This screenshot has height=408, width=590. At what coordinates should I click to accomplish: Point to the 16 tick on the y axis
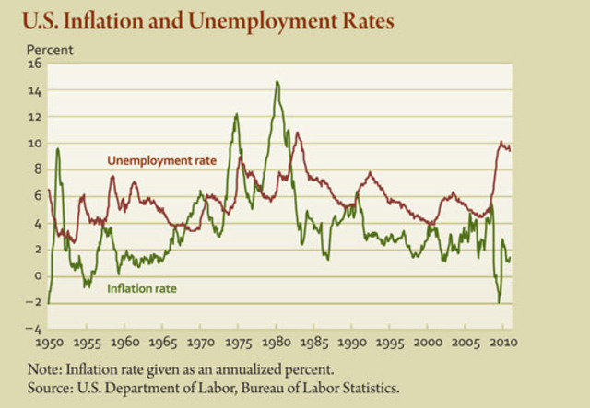coord(36,64)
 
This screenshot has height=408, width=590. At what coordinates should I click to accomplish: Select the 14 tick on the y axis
coord(36,90)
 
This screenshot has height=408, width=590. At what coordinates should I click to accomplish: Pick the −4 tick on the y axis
coord(35,329)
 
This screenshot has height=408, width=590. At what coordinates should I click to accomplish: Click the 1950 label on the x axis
coord(48,344)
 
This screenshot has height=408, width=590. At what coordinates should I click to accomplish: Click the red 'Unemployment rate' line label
coord(161,160)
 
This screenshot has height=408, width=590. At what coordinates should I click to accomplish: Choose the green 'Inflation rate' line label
coord(142,288)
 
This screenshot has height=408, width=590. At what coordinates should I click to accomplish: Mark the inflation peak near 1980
coord(277,82)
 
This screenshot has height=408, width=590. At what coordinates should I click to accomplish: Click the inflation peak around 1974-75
coord(237,114)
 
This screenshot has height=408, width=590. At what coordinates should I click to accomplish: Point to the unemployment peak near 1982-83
coord(297,134)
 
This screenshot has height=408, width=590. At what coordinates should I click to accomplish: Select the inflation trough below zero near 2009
coord(499,302)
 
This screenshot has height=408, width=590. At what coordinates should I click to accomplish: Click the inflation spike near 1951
coord(57,148)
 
